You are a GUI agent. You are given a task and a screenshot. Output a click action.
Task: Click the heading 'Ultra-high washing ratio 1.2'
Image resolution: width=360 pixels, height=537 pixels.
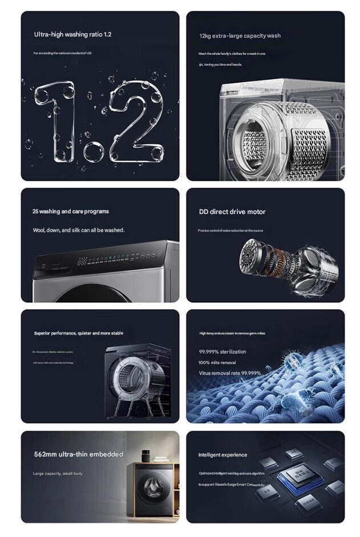(x=72, y=34)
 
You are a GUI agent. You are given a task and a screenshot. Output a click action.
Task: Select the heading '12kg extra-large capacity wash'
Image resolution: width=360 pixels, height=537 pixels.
(x=240, y=36)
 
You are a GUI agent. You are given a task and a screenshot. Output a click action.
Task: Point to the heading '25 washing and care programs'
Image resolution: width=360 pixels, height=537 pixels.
(x=70, y=211)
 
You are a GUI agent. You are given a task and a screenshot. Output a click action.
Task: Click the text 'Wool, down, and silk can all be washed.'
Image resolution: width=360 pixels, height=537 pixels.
(x=78, y=230)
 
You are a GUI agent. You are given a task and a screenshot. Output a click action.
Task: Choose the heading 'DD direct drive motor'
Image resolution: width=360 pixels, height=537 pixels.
(x=232, y=212)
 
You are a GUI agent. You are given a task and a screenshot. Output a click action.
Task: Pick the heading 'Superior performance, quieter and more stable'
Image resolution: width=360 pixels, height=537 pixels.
(x=78, y=333)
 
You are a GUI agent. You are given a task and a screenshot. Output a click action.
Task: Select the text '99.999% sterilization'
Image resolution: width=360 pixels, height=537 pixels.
(x=223, y=352)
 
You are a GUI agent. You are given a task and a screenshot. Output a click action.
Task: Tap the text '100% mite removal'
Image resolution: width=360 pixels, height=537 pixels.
(x=217, y=362)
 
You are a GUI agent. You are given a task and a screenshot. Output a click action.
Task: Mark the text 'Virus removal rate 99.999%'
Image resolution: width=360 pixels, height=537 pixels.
(x=229, y=373)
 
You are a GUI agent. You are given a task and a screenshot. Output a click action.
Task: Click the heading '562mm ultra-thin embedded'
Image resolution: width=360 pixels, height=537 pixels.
(x=78, y=454)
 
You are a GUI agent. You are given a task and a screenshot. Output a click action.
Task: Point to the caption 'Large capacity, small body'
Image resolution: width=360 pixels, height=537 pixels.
(x=58, y=474)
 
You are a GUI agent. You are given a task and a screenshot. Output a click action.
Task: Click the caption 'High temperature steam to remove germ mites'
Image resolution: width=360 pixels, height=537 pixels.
(x=232, y=333)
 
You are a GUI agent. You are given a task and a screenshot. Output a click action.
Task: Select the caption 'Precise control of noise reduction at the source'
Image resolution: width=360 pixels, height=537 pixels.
(x=230, y=231)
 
